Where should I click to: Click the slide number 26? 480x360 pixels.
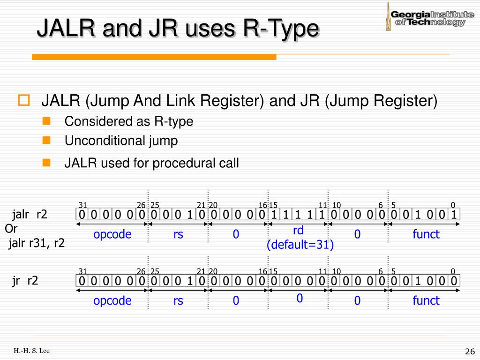[x=470, y=352]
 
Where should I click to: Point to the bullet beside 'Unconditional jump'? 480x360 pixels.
[x=46, y=140]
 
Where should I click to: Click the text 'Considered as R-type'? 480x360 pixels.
[x=128, y=121]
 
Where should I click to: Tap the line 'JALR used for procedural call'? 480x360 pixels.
[x=151, y=163]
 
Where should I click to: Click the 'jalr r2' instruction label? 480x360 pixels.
[x=30, y=215]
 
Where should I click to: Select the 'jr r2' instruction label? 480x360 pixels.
[x=25, y=280]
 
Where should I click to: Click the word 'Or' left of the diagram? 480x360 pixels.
[x=11, y=229]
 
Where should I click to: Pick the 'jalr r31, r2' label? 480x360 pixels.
[x=36, y=243]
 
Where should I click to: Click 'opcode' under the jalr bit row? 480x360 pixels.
[x=112, y=234]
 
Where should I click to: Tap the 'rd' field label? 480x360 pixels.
[x=299, y=231]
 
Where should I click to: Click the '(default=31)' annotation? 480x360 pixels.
[x=300, y=245]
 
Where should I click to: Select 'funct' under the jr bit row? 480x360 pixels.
[x=426, y=300]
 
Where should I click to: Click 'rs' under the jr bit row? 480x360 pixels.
[x=178, y=300]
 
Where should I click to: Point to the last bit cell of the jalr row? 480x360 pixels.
[x=454, y=215]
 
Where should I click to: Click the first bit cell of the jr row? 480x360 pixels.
[x=82, y=281]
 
